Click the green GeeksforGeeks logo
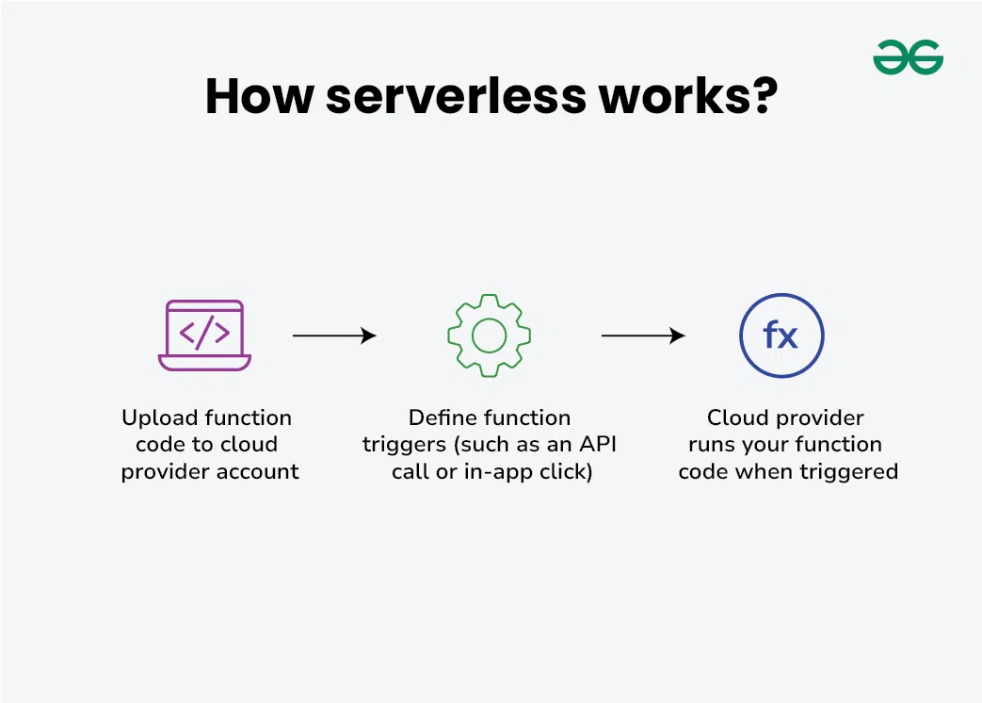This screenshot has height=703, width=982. click(x=908, y=57)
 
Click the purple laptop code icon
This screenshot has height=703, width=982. click(x=204, y=335)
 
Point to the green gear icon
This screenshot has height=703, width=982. click(x=489, y=335)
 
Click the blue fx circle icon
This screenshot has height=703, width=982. click(x=781, y=335)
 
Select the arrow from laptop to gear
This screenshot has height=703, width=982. click(x=334, y=335)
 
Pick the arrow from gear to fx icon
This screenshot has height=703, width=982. click(x=643, y=335)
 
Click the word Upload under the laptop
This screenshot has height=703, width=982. click(x=160, y=417)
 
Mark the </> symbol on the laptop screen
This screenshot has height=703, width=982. click(x=204, y=333)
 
